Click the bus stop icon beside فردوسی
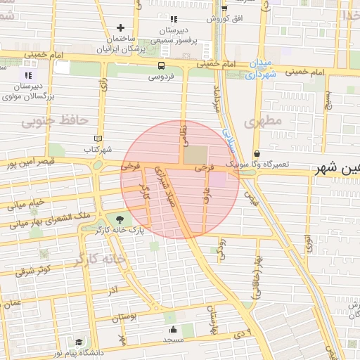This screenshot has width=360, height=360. (x=162, y=65)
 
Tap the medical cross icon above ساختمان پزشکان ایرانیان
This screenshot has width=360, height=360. (x=120, y=27)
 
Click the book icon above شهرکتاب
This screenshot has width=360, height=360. (x=98, y=139)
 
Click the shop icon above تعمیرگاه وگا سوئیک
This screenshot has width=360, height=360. (x=257, y=153)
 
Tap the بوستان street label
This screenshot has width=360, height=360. (x=124, y=317)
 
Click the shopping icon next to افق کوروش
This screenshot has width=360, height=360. (x=224, y=8)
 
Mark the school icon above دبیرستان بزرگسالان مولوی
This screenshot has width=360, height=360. (x=28, y=75)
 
